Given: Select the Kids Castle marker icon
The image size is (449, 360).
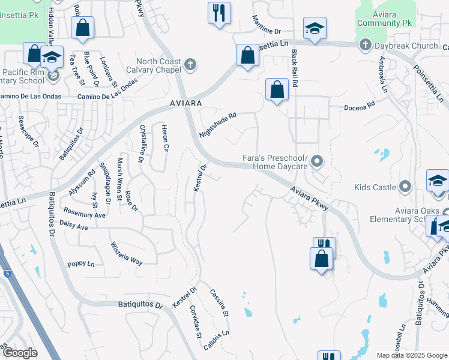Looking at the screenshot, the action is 406,187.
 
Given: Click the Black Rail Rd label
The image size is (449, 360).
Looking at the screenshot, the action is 295,69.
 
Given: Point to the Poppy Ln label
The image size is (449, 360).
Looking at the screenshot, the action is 81,264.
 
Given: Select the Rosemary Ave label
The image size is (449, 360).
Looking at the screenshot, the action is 85,214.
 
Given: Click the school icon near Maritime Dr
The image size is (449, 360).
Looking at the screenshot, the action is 313,28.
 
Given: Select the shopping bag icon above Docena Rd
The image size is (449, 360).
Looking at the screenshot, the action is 276,90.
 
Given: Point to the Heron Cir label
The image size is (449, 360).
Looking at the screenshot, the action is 164,138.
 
